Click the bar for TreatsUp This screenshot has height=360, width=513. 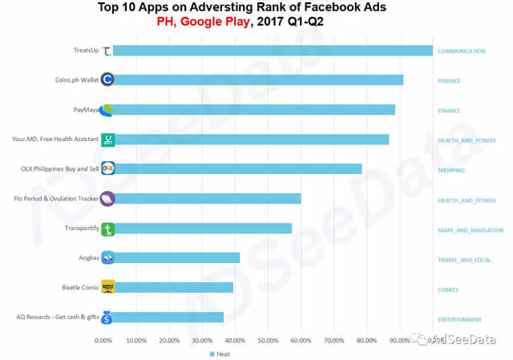[273, 51]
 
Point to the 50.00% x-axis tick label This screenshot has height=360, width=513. [269, 341]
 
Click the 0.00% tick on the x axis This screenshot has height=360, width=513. [104, 341]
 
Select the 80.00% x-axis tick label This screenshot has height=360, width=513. [367, 341]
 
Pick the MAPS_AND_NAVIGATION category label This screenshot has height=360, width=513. [471, 230]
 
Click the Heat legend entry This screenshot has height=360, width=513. [221, 354]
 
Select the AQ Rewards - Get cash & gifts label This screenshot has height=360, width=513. [58, 317]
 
